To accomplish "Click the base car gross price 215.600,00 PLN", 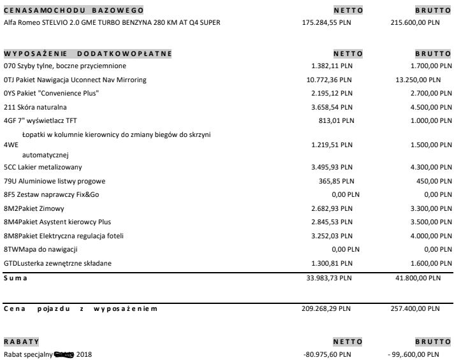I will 414,22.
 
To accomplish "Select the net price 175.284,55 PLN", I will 326,22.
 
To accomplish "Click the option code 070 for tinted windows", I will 9,66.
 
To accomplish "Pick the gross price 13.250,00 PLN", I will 414,80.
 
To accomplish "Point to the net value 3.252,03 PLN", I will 334,236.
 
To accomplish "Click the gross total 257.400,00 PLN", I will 414,309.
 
